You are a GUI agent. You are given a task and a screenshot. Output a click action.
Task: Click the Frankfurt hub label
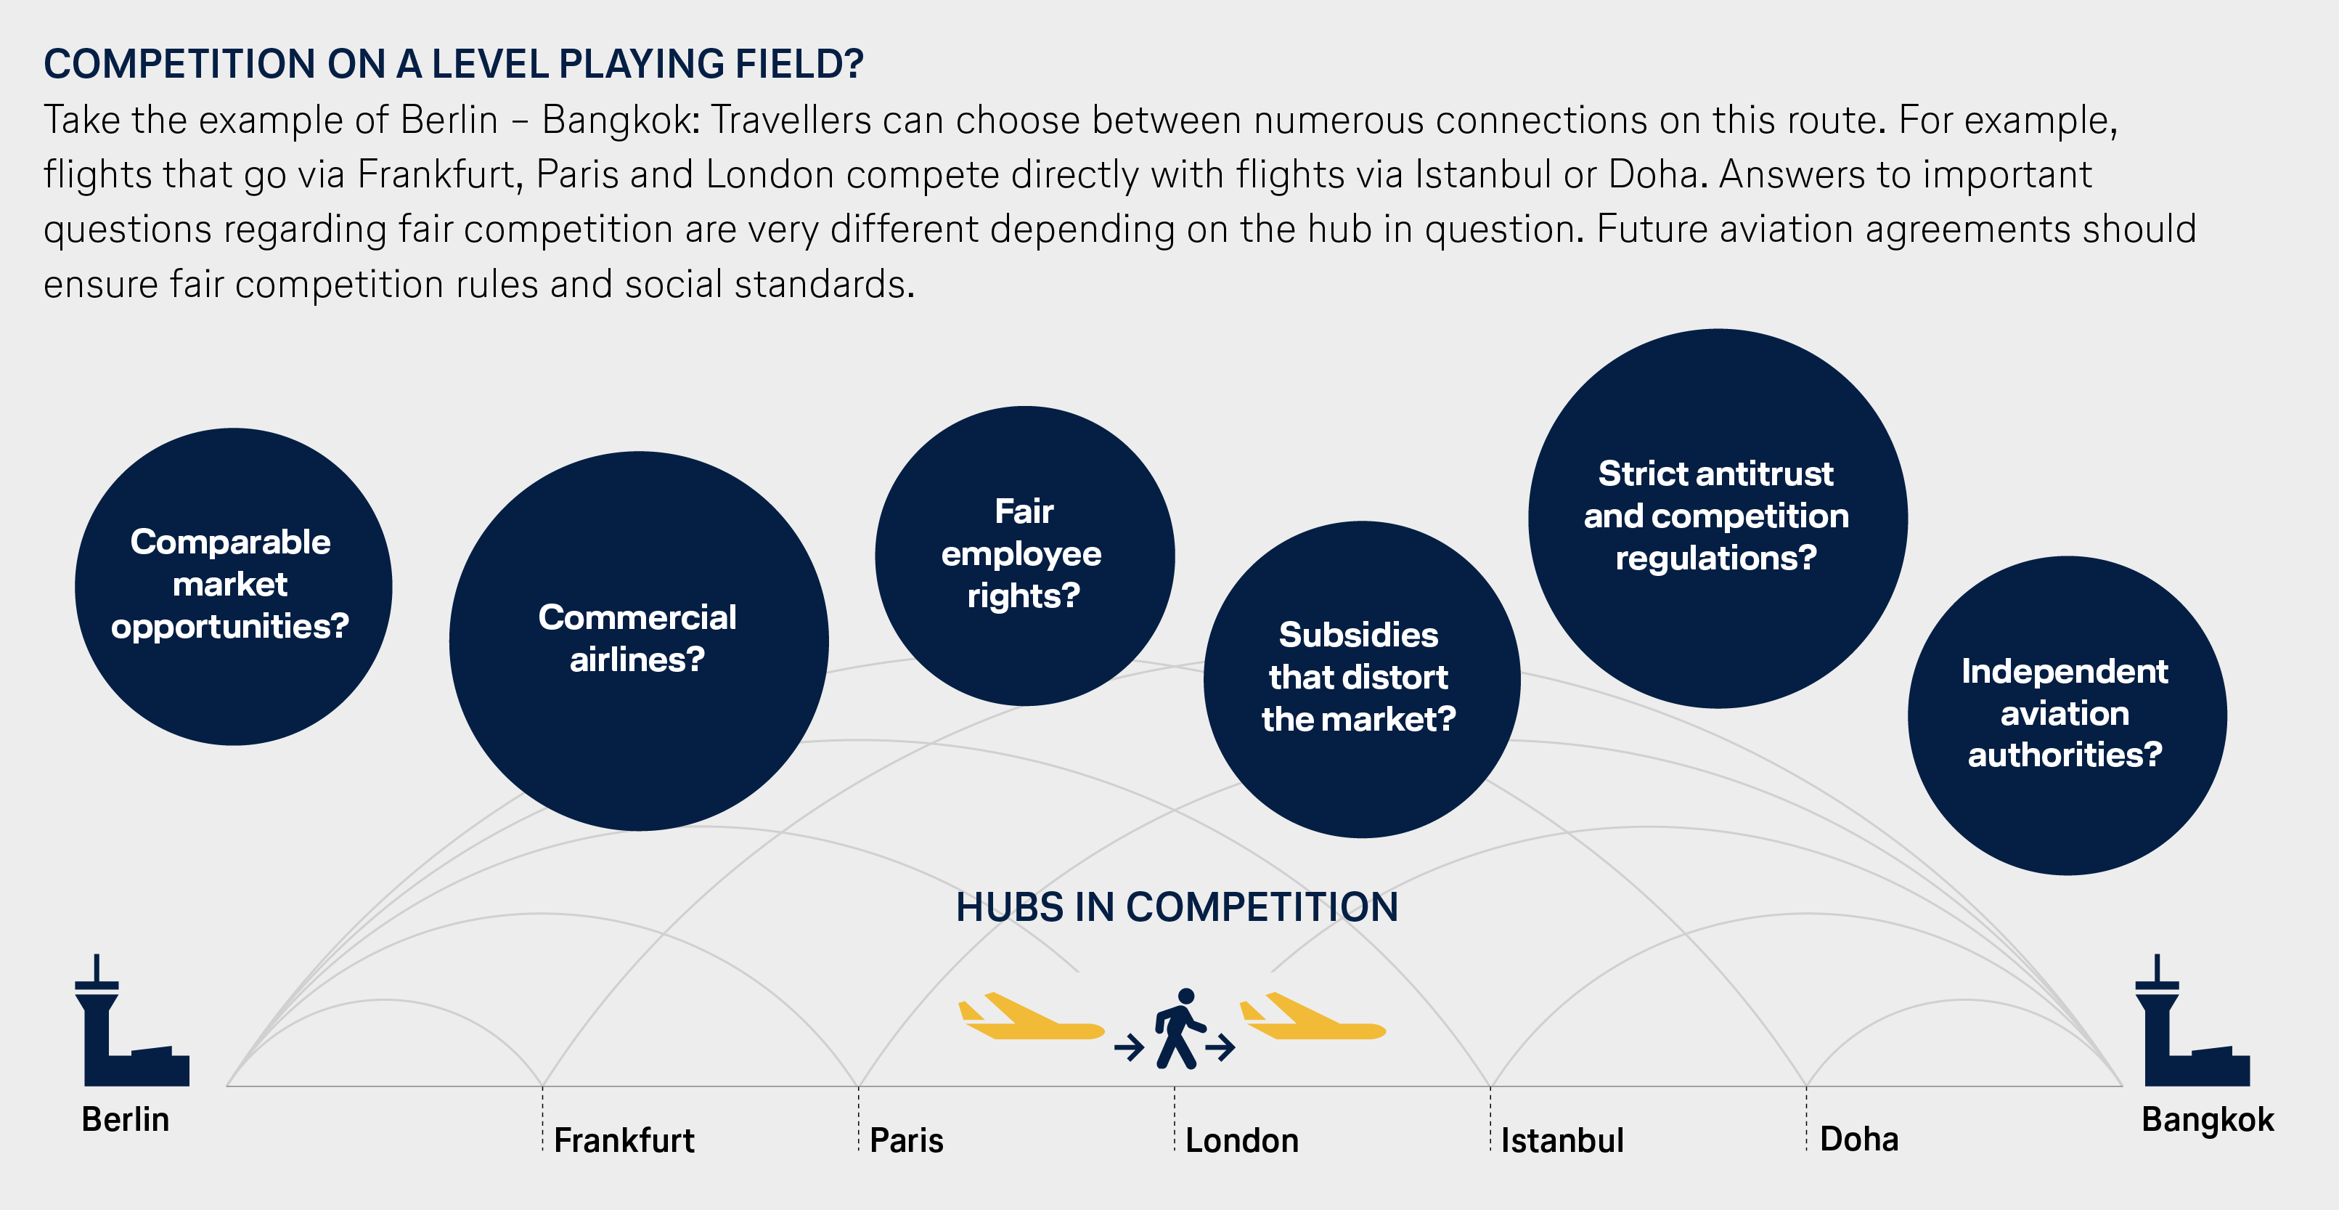624,1140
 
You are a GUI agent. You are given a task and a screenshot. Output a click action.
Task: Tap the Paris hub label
906,1140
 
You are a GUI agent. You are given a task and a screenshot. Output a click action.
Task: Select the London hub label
1241,1140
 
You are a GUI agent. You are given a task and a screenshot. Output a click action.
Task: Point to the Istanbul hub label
1562,1140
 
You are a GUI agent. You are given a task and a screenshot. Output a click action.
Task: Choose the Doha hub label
1858,1139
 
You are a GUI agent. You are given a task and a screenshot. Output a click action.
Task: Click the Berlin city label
126,1119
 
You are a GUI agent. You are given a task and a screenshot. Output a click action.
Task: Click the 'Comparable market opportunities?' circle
233,587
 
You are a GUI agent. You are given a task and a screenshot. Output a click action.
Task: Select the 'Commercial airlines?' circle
638,641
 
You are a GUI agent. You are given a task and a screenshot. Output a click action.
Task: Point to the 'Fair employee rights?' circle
1024,555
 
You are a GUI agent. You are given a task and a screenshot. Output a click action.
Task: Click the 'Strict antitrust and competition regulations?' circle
1717,518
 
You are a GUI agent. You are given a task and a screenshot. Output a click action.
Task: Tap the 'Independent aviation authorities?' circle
2067,715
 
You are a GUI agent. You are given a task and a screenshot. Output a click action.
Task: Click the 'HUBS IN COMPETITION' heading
1177,906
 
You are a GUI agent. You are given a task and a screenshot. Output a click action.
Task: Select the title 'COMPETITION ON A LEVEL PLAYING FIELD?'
453,64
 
